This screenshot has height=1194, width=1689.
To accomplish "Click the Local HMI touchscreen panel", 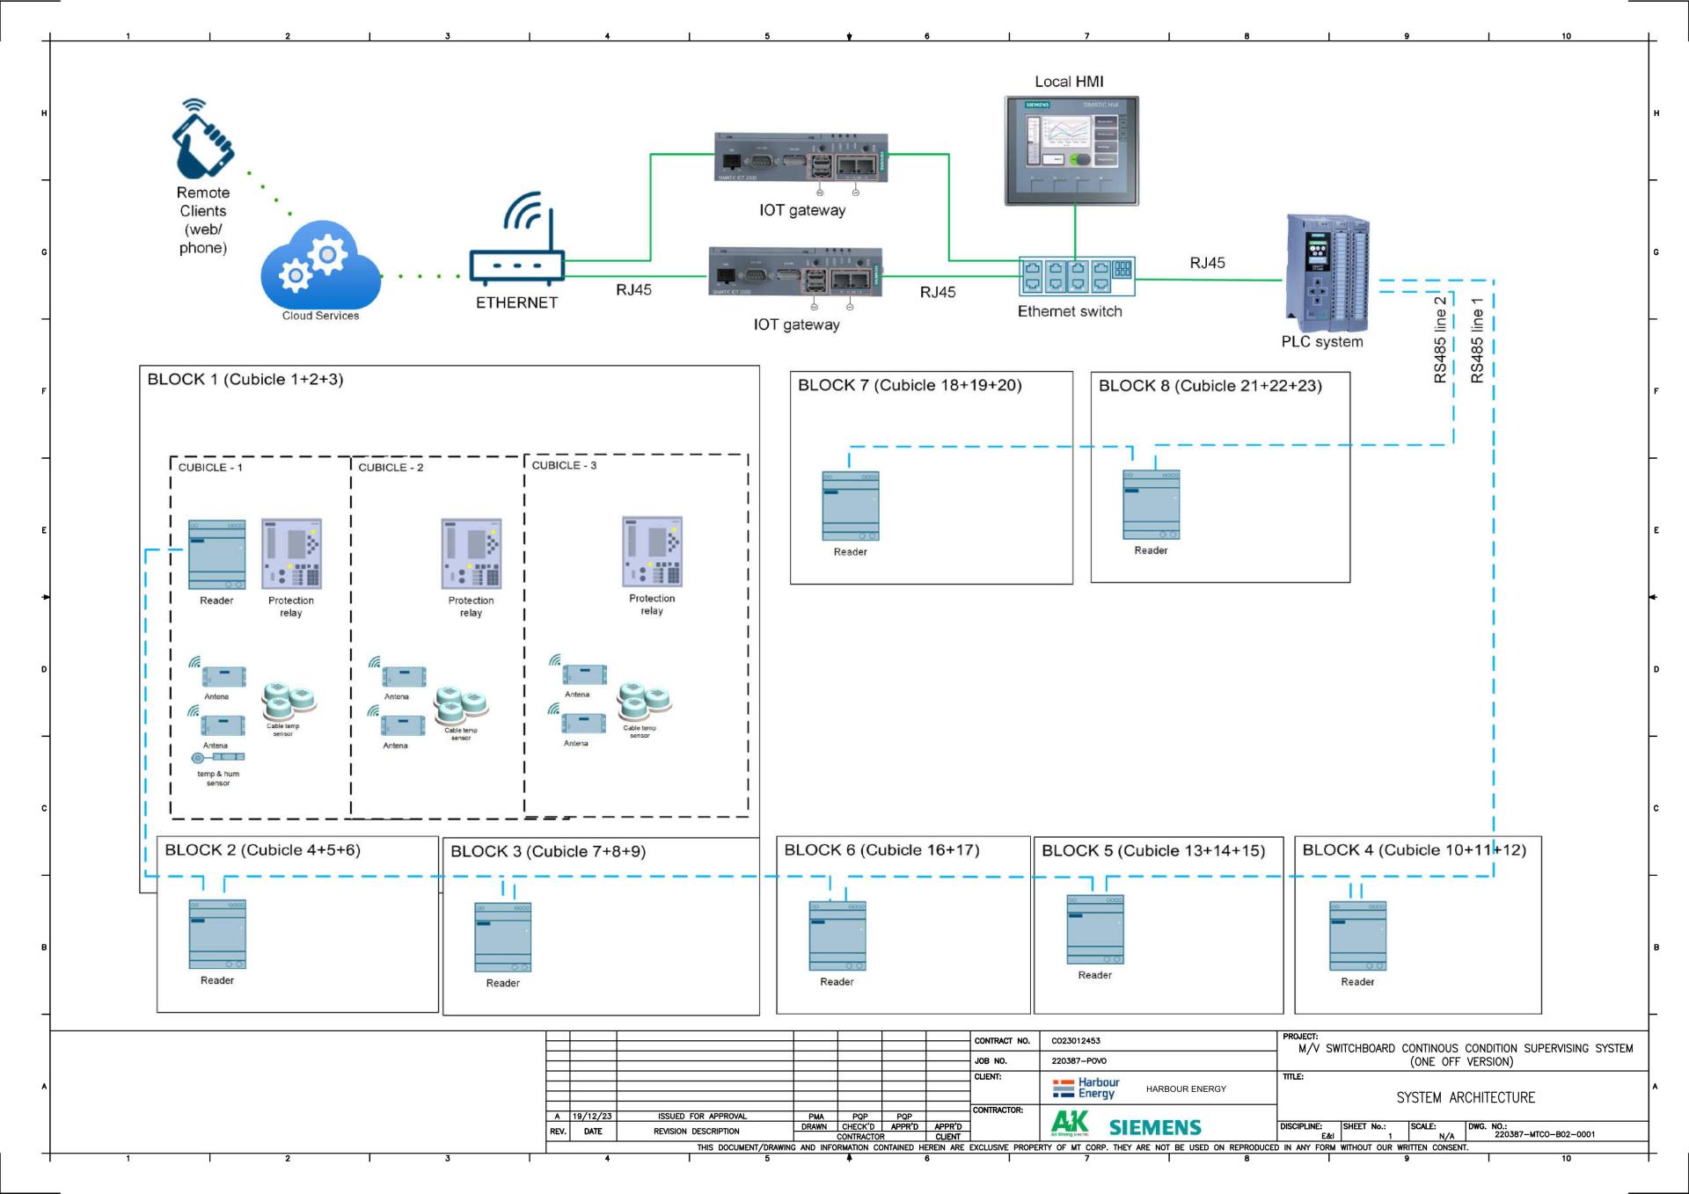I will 1071,150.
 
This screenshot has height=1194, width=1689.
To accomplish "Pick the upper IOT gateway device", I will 801,158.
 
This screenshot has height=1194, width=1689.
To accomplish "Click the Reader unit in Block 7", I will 851,506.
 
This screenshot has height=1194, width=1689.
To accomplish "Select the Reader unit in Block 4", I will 1357,936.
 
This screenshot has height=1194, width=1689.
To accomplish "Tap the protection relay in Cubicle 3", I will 652,552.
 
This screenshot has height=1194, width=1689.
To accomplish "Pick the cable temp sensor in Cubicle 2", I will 461,704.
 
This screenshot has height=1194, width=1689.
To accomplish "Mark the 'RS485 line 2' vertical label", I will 1440,339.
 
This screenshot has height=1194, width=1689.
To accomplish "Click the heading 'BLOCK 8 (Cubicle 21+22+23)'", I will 1210,386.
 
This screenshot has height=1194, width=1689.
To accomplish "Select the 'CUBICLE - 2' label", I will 391,468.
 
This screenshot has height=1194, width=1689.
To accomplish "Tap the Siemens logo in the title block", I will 1154,1127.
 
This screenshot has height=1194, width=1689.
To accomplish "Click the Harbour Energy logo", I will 1086,1088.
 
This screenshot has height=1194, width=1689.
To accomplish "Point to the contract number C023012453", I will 1075,1041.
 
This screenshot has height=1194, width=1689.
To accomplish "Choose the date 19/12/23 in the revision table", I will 592,1117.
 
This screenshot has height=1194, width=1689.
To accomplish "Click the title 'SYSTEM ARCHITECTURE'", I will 1466,1098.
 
